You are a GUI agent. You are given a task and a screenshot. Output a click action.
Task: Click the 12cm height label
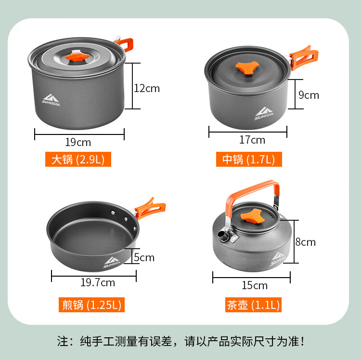click(x=147, y=89)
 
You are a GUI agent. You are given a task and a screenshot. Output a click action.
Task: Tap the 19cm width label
click(x=78, y=142)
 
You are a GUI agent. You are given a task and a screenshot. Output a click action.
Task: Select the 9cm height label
click(x=309, y=95)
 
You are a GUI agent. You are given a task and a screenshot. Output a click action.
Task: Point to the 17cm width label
click(x=252, y=140)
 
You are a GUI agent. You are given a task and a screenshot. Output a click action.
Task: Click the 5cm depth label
click(x=144, y=257)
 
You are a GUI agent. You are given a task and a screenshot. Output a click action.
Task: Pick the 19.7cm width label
click(x=98, y=282)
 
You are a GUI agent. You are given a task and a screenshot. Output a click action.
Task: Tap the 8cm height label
click(x=306, y=242)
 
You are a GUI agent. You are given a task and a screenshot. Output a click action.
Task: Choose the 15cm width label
click(x=255, y=285)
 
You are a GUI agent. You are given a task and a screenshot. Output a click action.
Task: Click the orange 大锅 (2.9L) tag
click(x=78, y=159)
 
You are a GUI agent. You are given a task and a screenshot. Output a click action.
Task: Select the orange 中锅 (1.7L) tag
click(x=249, y=159)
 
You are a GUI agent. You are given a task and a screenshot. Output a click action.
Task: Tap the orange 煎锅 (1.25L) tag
click(x=91, y=305)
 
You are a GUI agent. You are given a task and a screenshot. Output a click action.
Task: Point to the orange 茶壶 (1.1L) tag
click(x=253, y=305)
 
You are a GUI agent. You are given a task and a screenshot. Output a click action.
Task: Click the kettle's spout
click(x=223, y=236)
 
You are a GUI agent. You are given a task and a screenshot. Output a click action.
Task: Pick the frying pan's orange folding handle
click(x=150, y=208)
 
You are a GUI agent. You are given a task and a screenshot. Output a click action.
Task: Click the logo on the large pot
click(x=51, y=100)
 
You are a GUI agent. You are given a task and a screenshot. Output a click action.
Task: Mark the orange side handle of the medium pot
click(x=303, y=58)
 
